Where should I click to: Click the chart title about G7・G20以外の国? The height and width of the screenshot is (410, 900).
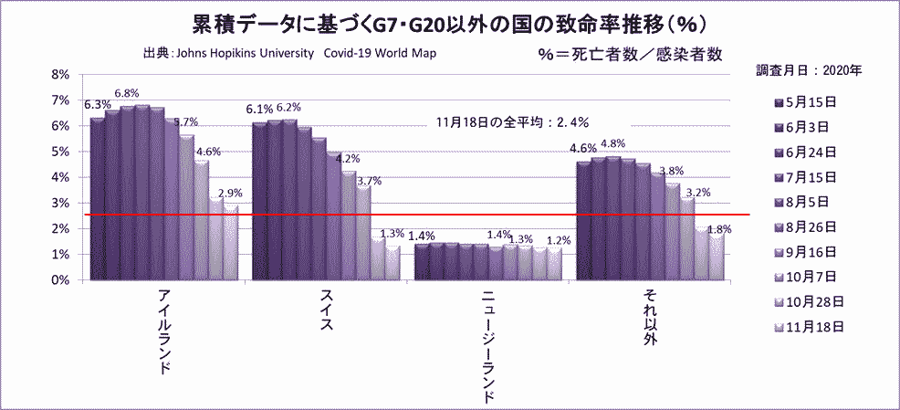point(449,20)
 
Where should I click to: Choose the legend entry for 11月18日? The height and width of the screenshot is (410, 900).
point(811,325)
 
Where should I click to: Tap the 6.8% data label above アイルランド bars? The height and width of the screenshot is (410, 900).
point(127,93)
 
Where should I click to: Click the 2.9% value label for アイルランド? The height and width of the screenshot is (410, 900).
point(230,194)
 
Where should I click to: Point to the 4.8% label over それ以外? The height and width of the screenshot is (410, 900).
point(612,144)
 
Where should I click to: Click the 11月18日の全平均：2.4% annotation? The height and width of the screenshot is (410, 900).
point(512,121)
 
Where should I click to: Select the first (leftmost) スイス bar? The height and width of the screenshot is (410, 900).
point(259,201)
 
